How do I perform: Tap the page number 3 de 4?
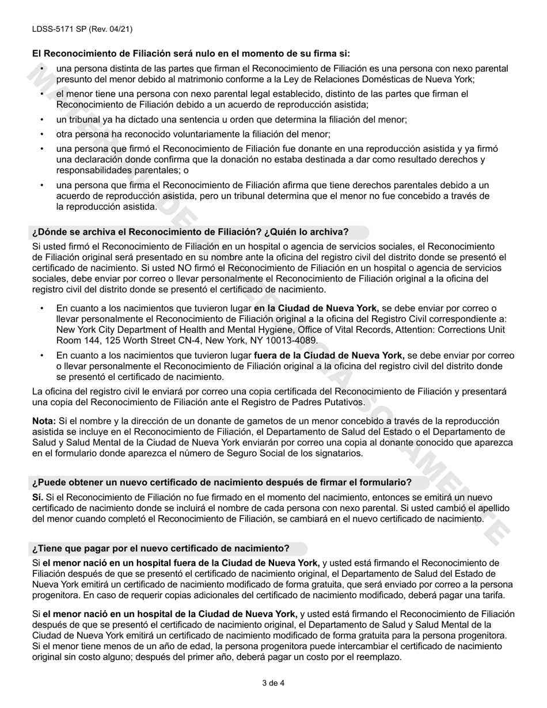click(273, 684)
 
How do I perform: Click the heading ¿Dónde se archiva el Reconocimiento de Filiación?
click(190, 232)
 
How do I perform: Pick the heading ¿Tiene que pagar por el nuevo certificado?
click(161, 548)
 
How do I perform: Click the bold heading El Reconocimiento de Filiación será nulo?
click(191, 54)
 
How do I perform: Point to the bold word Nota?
click(44, 421)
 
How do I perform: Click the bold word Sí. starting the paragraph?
click(37, 497)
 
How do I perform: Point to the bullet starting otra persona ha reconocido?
click(193, 134)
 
